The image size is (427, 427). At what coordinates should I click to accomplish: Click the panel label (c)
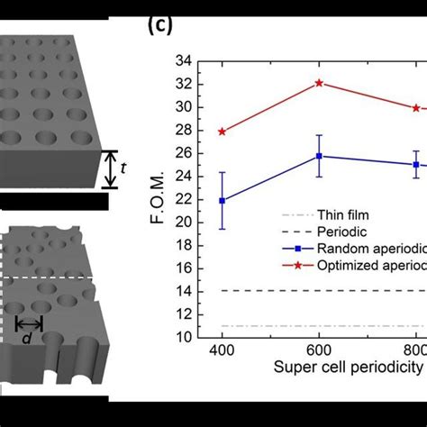pos(159,27)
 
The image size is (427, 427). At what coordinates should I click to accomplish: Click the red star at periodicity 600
pos(319,83)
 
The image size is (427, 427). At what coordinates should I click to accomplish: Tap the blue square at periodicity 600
pos(319,156)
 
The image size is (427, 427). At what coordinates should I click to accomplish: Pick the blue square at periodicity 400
pos(223,200)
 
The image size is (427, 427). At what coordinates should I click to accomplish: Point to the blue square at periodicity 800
pos(415,165)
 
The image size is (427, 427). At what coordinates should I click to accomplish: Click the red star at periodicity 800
pos(415,108)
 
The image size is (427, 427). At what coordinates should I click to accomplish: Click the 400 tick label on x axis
pos(223,350)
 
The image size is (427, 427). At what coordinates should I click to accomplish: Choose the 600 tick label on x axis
pos(319,350)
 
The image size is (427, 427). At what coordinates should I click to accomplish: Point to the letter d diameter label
pos(31,314)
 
